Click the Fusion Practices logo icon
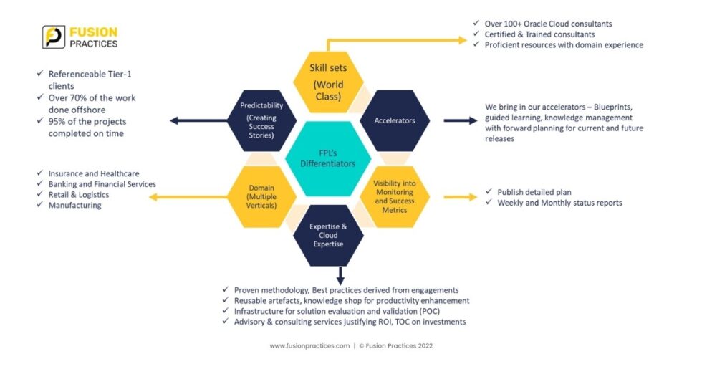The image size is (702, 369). click(54, 37)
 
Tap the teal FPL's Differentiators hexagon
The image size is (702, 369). click(328, 158)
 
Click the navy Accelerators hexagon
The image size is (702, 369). click(394, 120)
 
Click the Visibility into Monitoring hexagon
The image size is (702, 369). click(394, 196)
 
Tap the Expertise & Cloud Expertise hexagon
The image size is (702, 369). click(328, 234)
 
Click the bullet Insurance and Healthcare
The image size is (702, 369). click(93, 173)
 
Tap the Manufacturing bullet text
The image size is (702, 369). click(74, 206)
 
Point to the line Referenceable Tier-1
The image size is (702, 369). click(91, 74)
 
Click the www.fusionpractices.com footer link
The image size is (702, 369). click(309, 345)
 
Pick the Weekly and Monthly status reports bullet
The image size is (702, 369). click(559, 203)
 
